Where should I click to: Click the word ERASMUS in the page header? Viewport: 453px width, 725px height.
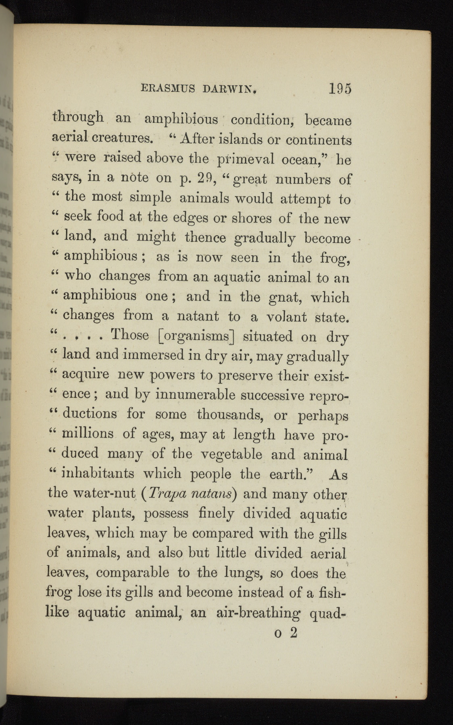167,88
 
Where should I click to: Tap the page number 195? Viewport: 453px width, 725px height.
340,88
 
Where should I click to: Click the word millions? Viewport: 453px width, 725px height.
88,433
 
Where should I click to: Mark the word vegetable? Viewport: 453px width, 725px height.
231,454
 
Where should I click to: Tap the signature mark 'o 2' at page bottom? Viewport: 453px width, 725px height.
285,633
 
